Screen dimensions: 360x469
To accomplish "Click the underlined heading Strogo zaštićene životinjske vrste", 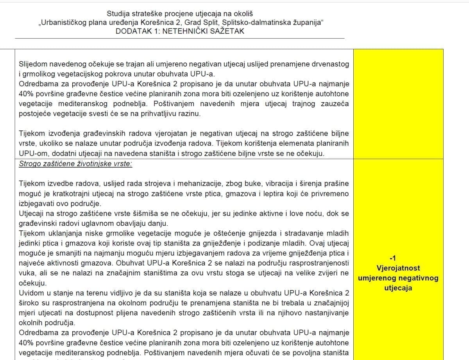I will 75,164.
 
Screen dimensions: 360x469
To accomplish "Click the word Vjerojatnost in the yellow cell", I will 398,269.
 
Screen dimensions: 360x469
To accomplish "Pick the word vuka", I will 27,273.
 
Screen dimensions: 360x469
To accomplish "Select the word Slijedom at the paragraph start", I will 33,64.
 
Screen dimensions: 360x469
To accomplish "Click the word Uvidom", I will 31,293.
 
